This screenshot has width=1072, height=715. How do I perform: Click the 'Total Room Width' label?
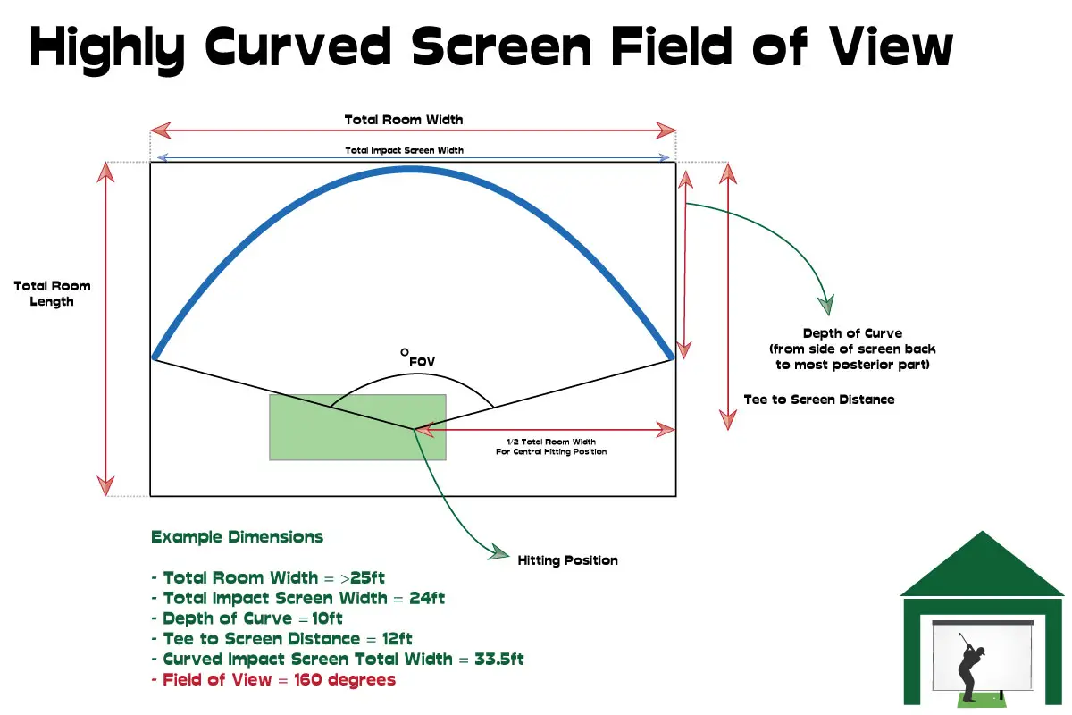404,119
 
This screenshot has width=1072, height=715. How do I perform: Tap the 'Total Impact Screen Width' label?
404,150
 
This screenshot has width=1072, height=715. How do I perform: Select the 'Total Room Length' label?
52,294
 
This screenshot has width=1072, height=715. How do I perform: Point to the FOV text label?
422,362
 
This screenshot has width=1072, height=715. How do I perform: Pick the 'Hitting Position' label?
567,560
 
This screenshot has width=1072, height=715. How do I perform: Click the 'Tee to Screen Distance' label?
818,400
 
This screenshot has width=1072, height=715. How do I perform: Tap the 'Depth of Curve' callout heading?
852,333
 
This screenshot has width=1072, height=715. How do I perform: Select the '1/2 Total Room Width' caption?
551,442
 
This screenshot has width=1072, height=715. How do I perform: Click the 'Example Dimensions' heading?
237,537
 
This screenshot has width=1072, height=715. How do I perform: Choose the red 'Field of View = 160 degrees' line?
279,680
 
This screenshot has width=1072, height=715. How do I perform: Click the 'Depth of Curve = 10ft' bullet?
253,618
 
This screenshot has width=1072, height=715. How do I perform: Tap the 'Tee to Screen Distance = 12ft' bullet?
288,639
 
